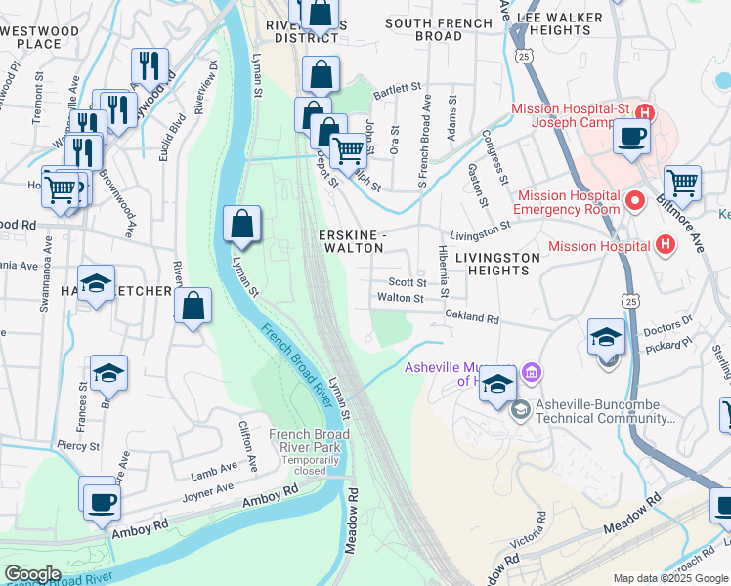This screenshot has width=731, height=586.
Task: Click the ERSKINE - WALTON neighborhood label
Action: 353,242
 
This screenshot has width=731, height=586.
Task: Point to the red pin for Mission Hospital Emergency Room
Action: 634,201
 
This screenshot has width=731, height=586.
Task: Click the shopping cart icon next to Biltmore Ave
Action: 682,183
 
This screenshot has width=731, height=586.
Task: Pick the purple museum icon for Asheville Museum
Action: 533,372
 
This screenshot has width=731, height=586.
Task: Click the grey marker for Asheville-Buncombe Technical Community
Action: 520,408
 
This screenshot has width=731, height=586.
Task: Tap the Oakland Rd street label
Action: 471,318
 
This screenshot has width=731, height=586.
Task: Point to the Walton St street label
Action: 400,298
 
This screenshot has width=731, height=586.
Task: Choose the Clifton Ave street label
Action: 247,441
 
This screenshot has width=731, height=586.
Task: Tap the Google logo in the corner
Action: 32,574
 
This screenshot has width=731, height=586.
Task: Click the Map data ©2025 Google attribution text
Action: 670,578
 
